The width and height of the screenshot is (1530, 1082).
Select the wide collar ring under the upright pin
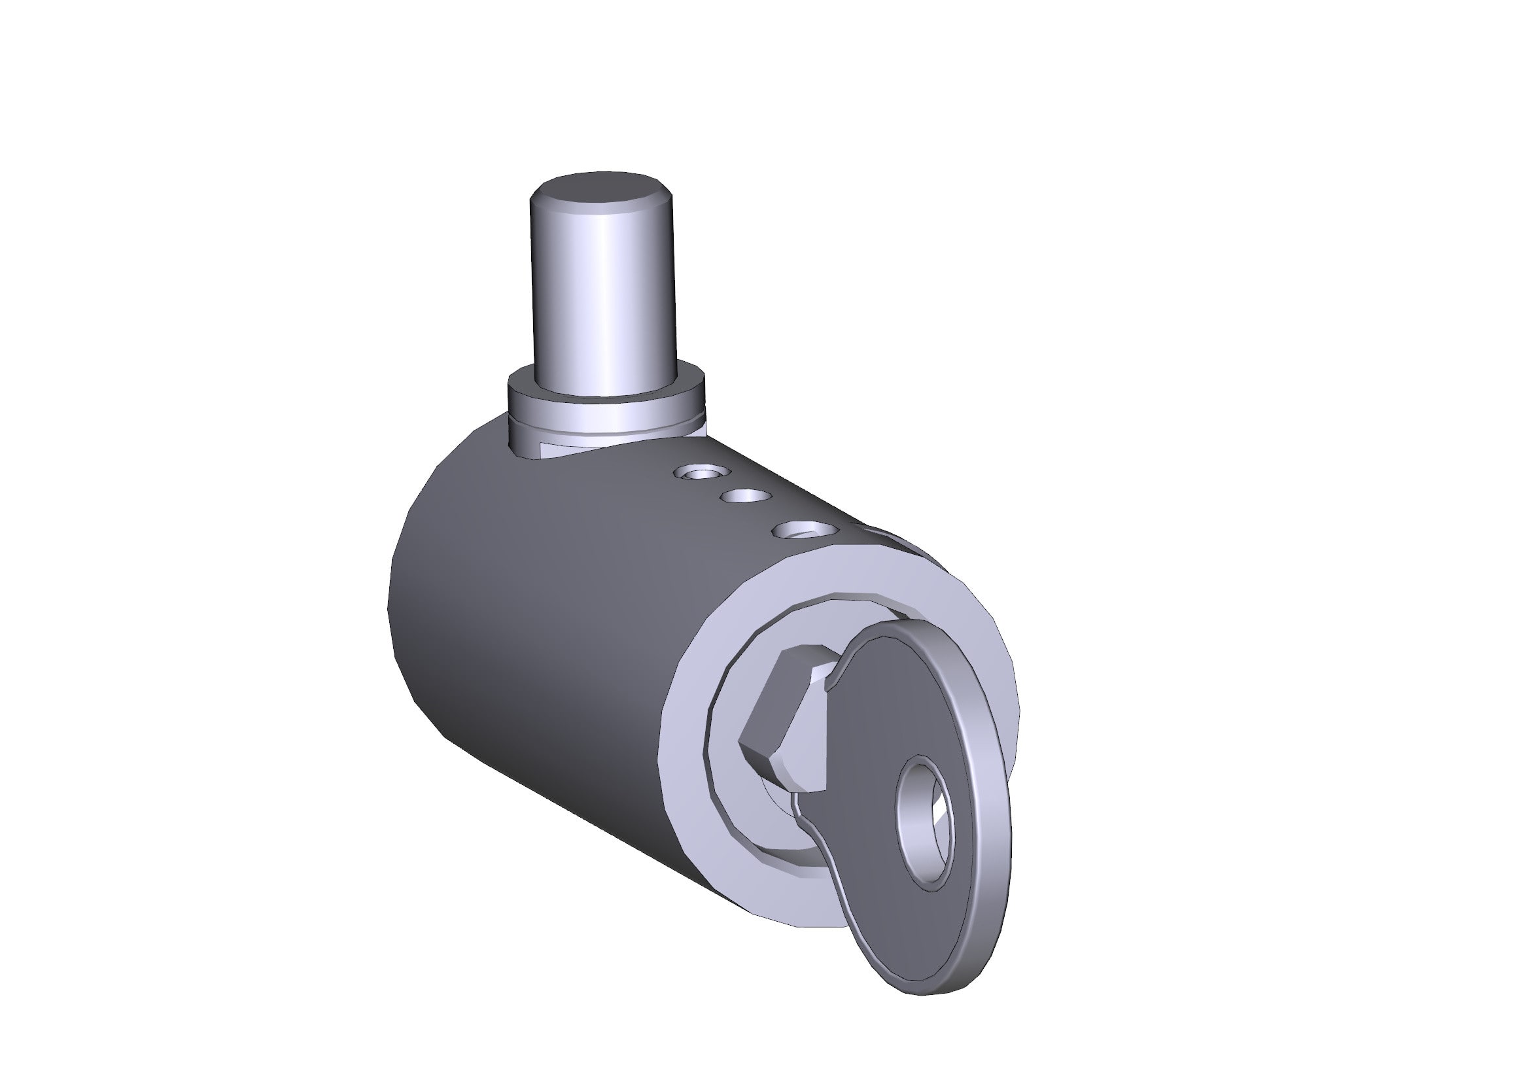605,406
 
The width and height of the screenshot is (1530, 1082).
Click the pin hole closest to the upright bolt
702,474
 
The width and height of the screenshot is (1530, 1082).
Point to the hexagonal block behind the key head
783,720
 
